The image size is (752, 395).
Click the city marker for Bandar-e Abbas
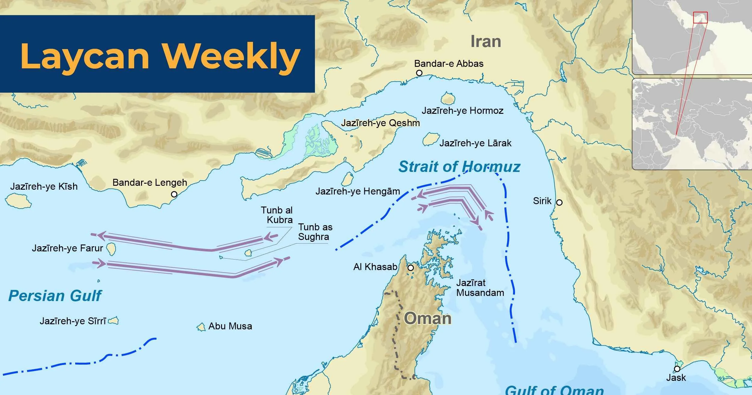pos(419,73)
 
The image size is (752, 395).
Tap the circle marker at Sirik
pos(559,202)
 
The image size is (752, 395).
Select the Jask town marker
pos(677,369)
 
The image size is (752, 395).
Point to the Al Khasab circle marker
pos(411,268)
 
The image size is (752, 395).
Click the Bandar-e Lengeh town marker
pos(174,194)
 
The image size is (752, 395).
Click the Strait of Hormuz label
pos(459,167)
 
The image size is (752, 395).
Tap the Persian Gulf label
pos(55,296)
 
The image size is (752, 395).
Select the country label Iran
pos(485,42)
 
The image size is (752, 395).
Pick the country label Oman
pos(427,319)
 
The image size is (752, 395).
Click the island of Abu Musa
pos(201,327)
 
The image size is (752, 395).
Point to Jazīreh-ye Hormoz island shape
pos(448,99)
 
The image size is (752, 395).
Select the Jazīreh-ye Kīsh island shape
pos(18,201)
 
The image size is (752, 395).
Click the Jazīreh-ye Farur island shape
pos(111,249)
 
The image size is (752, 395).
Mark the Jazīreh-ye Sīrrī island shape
pos(113,321)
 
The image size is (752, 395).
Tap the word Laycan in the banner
pos(85,56)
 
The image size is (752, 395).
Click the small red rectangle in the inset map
pos(700,17)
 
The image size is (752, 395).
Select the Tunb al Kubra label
pos(276,215)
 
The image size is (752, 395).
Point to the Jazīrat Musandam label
pos(480,288)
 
